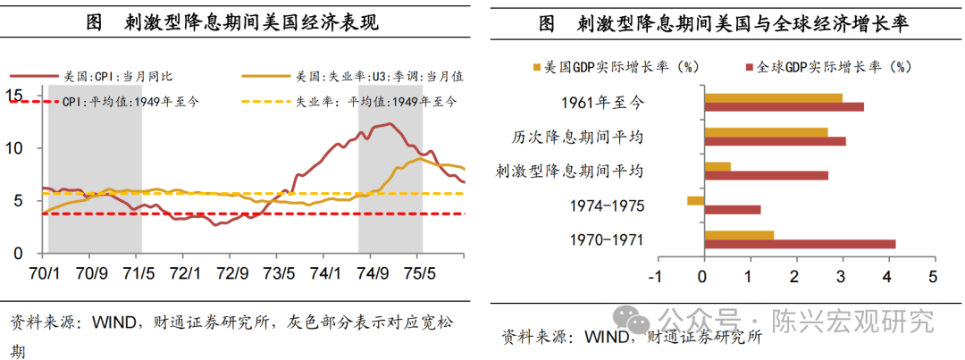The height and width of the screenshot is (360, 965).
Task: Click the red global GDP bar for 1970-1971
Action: click(x=799, y=243)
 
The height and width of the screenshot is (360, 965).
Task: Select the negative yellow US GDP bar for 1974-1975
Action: click(x=695, y=201)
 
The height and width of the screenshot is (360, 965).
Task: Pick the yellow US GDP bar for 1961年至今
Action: click(x=773, y=97)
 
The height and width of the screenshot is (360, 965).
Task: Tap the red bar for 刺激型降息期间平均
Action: click(x=766, y=175)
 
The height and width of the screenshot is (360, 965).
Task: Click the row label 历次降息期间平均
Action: click(x=595, y=137)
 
